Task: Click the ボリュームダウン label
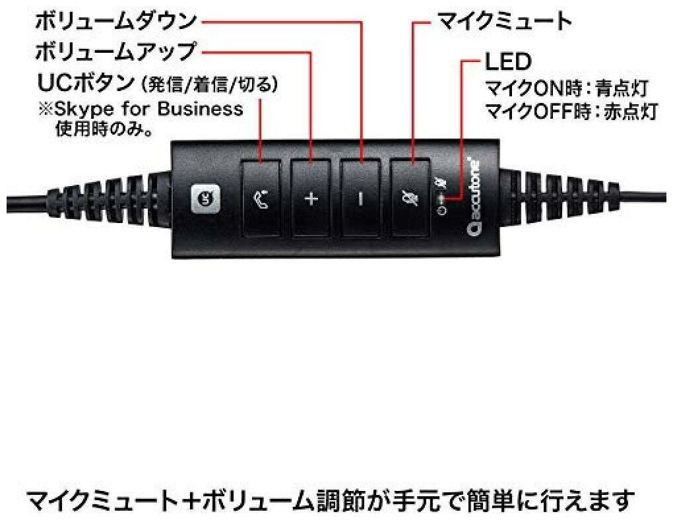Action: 115,21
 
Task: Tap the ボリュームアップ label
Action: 115,51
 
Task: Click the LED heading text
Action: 507,63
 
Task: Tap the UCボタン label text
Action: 82,84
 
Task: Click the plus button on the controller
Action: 311,198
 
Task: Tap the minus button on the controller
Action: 360,198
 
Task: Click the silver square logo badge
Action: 204,198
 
